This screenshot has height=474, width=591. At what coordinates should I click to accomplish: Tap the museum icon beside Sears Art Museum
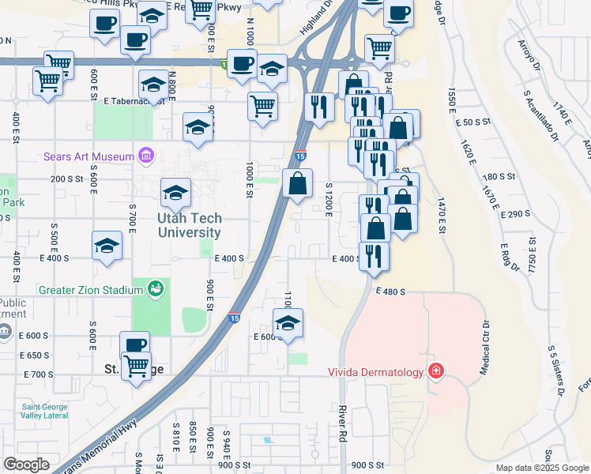[x=145, y=156]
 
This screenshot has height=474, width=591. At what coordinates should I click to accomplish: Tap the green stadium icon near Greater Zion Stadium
[x=156, y=289]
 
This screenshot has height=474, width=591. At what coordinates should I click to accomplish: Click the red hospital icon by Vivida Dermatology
[x=435, y=371]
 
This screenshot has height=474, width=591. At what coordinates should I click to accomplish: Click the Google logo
[x=26, y=465]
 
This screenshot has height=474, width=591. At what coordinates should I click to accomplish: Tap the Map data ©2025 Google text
[x=542, y=468]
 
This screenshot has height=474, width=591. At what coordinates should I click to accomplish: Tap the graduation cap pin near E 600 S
[x=288, y=322]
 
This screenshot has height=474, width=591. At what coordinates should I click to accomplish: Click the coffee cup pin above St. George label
[x=135, y=345]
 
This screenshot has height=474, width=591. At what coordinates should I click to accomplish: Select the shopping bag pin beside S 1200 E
[x=297, y=184]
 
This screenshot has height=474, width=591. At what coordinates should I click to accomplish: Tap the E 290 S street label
[x=510, y=214]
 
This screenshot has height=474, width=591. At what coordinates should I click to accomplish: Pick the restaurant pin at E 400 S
[x=374, y=255]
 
